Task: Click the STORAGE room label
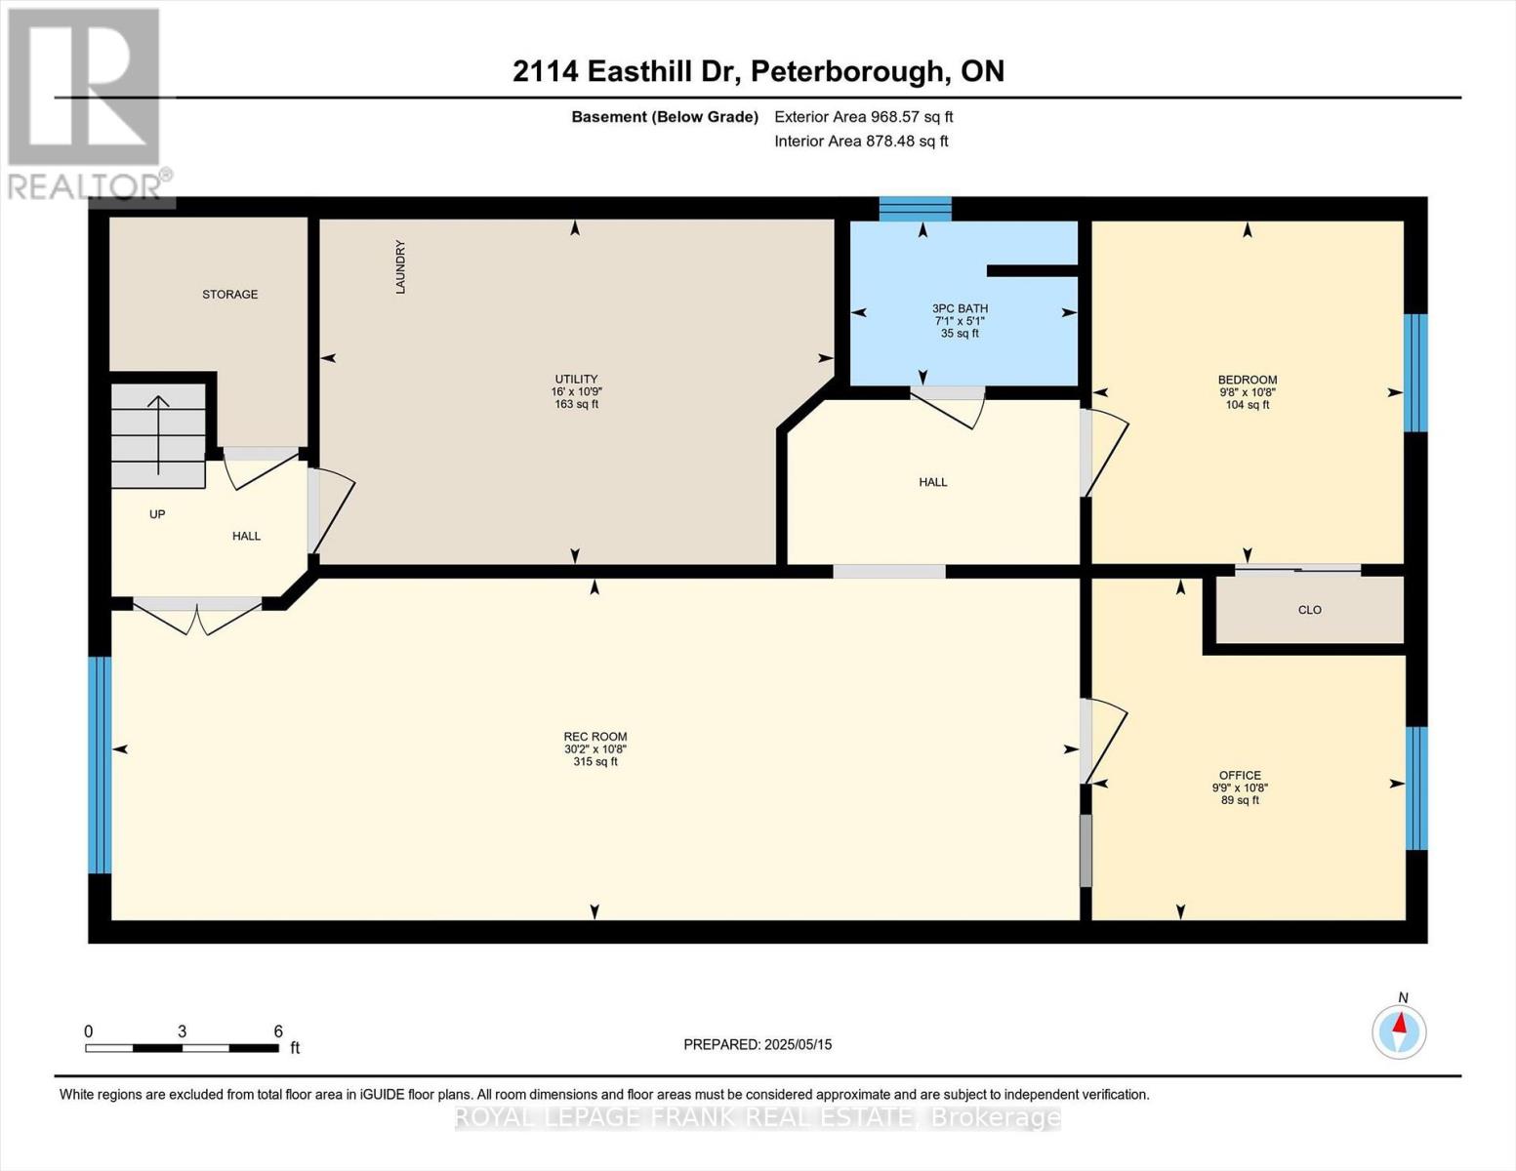pyautogui.click(x=229, y=294)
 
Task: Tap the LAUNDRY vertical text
pyautogui.click(x=399, y=267)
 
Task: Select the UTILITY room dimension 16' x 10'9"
pyautogui.click(x=576, y=391)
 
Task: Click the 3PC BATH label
pyautogui.click(x=960, y=308)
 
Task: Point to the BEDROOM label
pyautogui.click(x=1247, y=380)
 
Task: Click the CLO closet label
pyautogui.click(x=1309, y=610)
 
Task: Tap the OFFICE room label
pyautogui.click(x=1240, y=775)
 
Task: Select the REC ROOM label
pyautogui.click(x=594, y=737)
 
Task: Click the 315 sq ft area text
pyautogui.click(x=594, y=762)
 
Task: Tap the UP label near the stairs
pyautogui.click(x=157, y=514)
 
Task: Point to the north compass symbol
pyautogui.click(x=1399, y=1030)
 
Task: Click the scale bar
pyautogui.click(x=182, y=1048)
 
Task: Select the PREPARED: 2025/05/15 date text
pyautogui.click(x=758, y=1044)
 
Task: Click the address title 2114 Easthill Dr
pyautogui.click(x=758, y=71)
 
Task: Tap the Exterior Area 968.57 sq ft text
pyautogui.click(x=863, y=117)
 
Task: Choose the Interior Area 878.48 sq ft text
pyautogui.click(x=861, y=141)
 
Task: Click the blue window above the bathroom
pyautogui.click(x=915, y=209)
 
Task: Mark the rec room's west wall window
pyautogui.click(x=100, y=764)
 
